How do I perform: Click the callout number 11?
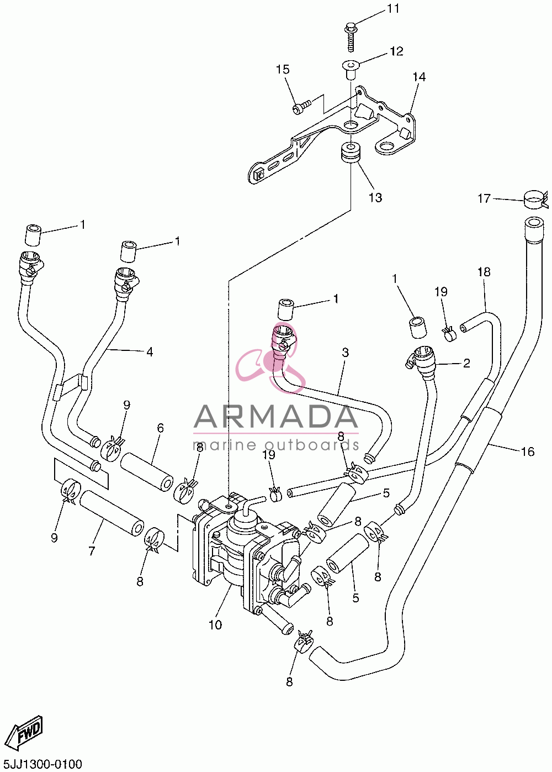tap(392, 8)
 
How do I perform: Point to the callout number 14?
tap(419, 76)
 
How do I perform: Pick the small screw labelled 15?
tap(301, 105)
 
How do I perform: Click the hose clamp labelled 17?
tap(536, 199)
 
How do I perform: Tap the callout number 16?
tap(528, 451)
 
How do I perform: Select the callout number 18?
tap(484, 272)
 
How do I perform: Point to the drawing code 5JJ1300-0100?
tap(41, 764)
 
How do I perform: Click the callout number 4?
tap(150, 352)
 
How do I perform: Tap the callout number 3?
tap(346, 352)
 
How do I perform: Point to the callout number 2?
tap(466, 363)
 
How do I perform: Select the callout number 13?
tap(375, 197)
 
